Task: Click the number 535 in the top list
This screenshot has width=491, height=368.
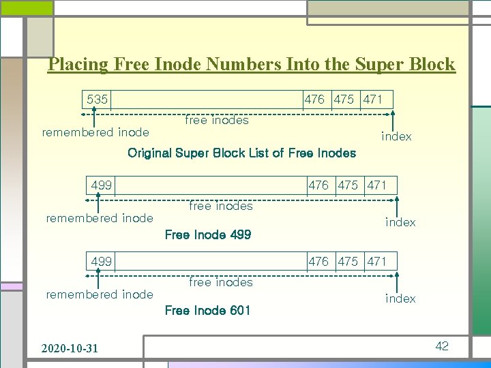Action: [x=98, y=99]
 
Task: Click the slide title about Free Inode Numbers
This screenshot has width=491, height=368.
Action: [x=252, y=65]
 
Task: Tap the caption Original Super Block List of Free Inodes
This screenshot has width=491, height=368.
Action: [x=241, y=153]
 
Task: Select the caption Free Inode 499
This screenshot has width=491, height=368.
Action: [x=208, y=235]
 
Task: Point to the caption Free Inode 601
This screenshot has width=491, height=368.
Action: [x=208, y=311]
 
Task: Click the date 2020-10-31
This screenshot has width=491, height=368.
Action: [x=70, y=348]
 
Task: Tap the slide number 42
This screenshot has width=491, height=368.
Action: [x=442, y=346]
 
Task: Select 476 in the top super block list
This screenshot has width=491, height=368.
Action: [x=314, y=99]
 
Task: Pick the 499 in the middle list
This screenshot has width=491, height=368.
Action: [x=102, y=185]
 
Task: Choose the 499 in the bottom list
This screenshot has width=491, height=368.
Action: [x=102, y=262]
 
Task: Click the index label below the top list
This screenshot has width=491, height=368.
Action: [x=396, y=137]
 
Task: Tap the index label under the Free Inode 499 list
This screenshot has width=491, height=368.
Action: [x=400, y=222]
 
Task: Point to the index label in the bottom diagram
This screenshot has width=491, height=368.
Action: [x=400, y=298]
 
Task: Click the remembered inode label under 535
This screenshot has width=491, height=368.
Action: [x=95, y=132]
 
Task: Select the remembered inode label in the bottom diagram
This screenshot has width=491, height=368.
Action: [x=100, y=294]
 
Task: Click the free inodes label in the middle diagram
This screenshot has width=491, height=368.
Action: [x=220, y=206]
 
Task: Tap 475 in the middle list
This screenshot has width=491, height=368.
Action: [x=348, y=185]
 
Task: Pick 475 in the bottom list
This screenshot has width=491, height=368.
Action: [x=348, y=262]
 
